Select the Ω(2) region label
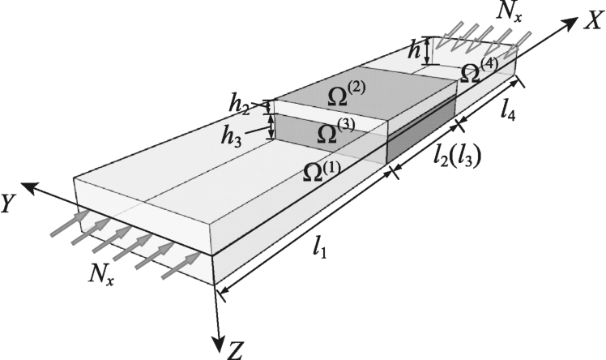tap(347, 95)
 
